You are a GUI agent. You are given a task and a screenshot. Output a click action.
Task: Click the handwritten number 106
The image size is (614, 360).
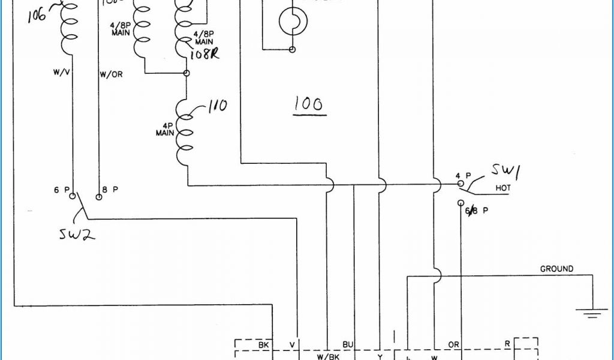[x=37, y=15]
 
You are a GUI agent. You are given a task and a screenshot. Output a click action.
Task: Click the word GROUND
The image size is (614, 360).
[x=556, y=269]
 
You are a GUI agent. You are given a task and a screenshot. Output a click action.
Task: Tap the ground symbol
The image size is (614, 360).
[x=591, y=311]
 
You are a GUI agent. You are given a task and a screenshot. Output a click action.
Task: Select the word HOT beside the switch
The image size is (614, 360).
[x=503, y=188]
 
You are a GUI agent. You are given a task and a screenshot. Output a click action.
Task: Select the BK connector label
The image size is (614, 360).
[x=263, y=345]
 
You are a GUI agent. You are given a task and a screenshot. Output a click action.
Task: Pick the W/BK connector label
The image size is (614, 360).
[x=327, y=356]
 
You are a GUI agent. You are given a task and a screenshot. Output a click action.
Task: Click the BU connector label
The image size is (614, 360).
[x=347, y=344]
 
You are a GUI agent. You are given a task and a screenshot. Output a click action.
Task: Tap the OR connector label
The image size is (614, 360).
[x=454, y=345]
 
